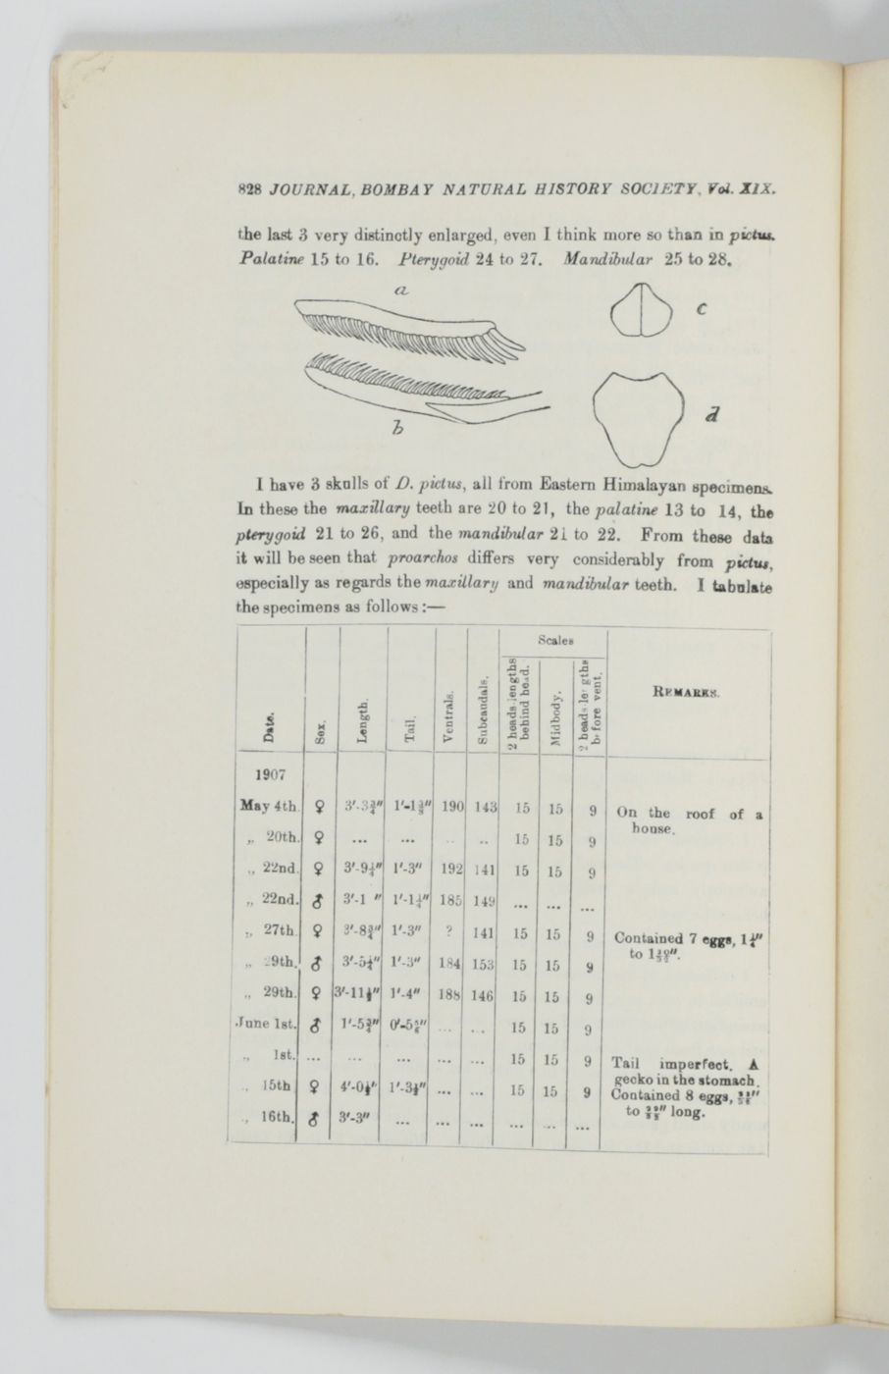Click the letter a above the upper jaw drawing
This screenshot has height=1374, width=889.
(401, 290)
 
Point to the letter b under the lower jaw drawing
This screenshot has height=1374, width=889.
(396, 427)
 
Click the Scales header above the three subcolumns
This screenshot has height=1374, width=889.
(552, 639)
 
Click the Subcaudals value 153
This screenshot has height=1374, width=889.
(483, 966)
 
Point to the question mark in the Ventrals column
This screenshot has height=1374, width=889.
(449, 935)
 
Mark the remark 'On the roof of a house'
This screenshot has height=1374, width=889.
(689, 820)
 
